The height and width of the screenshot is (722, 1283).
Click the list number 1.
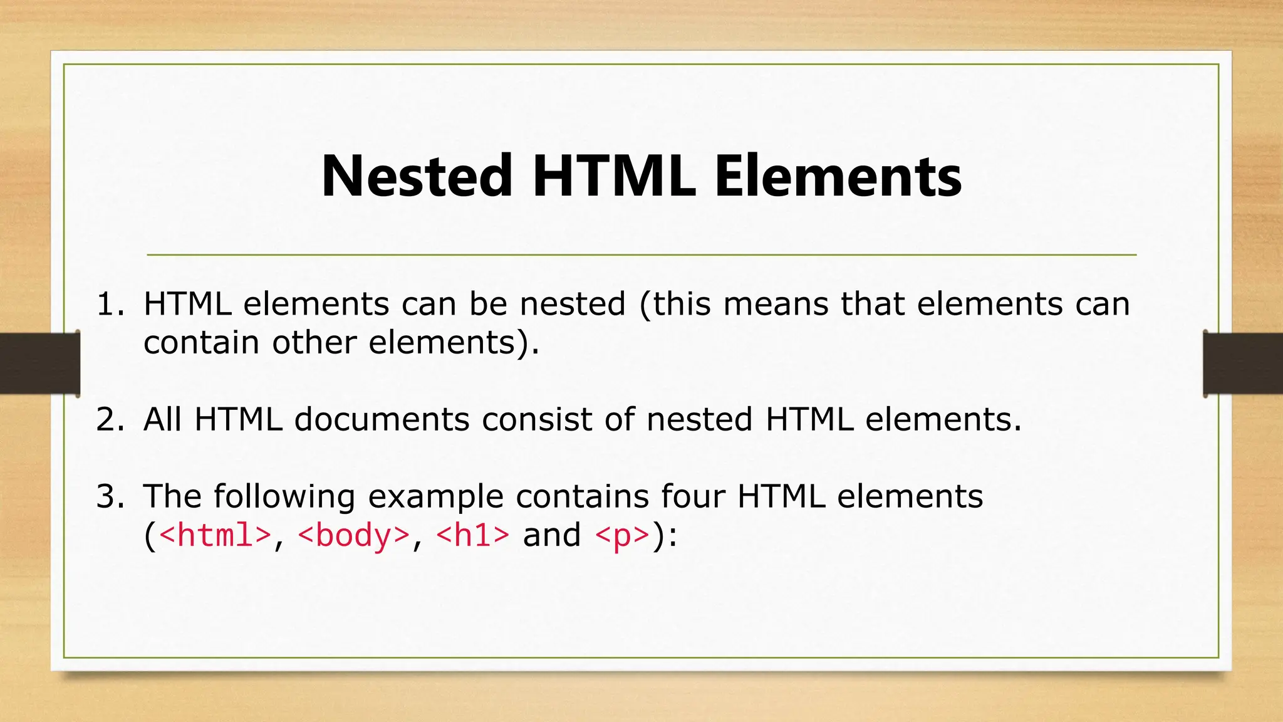[x=110, y=305]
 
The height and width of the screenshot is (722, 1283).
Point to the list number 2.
[x=110, y=420]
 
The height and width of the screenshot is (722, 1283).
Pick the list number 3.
[x=110, y=497]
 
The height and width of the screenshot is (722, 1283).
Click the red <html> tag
[x=216, y=535]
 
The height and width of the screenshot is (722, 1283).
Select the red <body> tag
[x=354, y=535]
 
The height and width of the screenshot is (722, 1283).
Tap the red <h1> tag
[x=473, y=535]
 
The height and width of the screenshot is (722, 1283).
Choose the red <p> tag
[x=622, y=535]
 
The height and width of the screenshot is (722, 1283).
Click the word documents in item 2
[x=382, y=419]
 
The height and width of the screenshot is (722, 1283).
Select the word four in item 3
[x=692, y=496]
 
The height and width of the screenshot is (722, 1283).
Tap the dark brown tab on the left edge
[x=39, y=364]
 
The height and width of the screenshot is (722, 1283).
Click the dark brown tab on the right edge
[x=1243, y=364]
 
